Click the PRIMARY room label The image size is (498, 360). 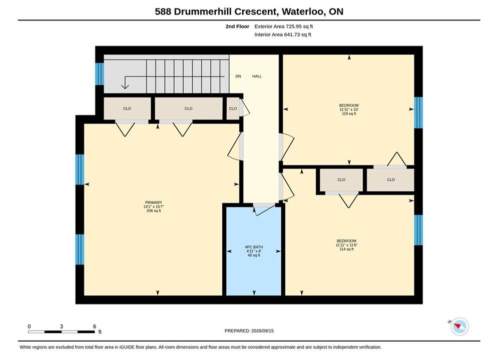coord(153,202)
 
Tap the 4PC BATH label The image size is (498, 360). coord(254,247)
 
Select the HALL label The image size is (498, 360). coord(257,76)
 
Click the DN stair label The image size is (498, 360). coord(238,76)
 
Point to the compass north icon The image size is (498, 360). coord(459,326)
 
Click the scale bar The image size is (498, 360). coord(61,332)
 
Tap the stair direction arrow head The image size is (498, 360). coord(125,85)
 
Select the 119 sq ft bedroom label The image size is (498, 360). coord(349,109)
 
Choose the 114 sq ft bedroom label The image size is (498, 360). coord(346,245)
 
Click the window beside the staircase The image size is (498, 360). coord(100,74)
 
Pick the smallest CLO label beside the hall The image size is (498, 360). coord(233,108)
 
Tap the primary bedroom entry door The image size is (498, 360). coord(235,146)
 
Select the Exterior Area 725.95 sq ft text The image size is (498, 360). coord(284,26)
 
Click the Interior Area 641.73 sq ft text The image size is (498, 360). coord(283,34)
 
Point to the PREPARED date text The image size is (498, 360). coord(249,331)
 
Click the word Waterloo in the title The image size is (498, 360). coord(303,11)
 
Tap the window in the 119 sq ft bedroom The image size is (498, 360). coord(418,112)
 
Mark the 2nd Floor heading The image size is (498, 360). coord(237,26)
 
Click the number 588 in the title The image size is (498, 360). coord(163,11)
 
